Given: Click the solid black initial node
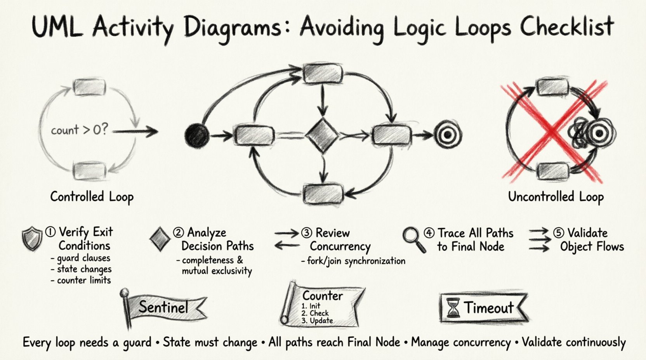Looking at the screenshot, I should pyautogui.click(x=197, y=136).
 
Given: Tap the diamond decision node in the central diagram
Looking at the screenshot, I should pyautogui.click(x=322, y=136).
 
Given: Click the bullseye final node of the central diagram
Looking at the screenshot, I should pyautogui.click(x=448, y=135).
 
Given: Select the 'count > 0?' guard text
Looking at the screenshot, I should pyautogui.click(x=79, y=130).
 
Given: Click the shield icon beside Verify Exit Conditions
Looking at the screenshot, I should pyautogui.click(x=32, y=239).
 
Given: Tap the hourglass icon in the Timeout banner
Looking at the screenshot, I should pyautogui.click(x=453, y=308).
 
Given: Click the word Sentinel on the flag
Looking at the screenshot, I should pyautogui.click(x=163, y=307).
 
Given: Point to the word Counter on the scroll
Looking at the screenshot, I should pyautogui.click(x=323, y=296).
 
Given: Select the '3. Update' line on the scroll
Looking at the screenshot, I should pyautogui.click(x=317, y=321).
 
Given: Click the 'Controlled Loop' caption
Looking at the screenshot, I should pyautogui.click(x=92, y=197).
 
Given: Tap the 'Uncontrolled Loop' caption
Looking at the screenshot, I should pyautogui.click(x=556, y=197).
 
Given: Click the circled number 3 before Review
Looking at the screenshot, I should pyautogui.click(x=307, y=233).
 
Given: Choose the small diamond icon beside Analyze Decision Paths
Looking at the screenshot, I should pyautogui.click(x=159, y=239).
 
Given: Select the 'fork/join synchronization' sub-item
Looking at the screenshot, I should pyautogui.click(x=356, y=261).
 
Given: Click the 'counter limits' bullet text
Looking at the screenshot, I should pyautogui.click(x=83, y=280).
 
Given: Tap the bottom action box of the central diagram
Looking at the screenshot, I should pyautogui.click(x=323, y=193).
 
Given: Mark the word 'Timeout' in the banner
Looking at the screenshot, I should pyautogui.click(x=489, y=308).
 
